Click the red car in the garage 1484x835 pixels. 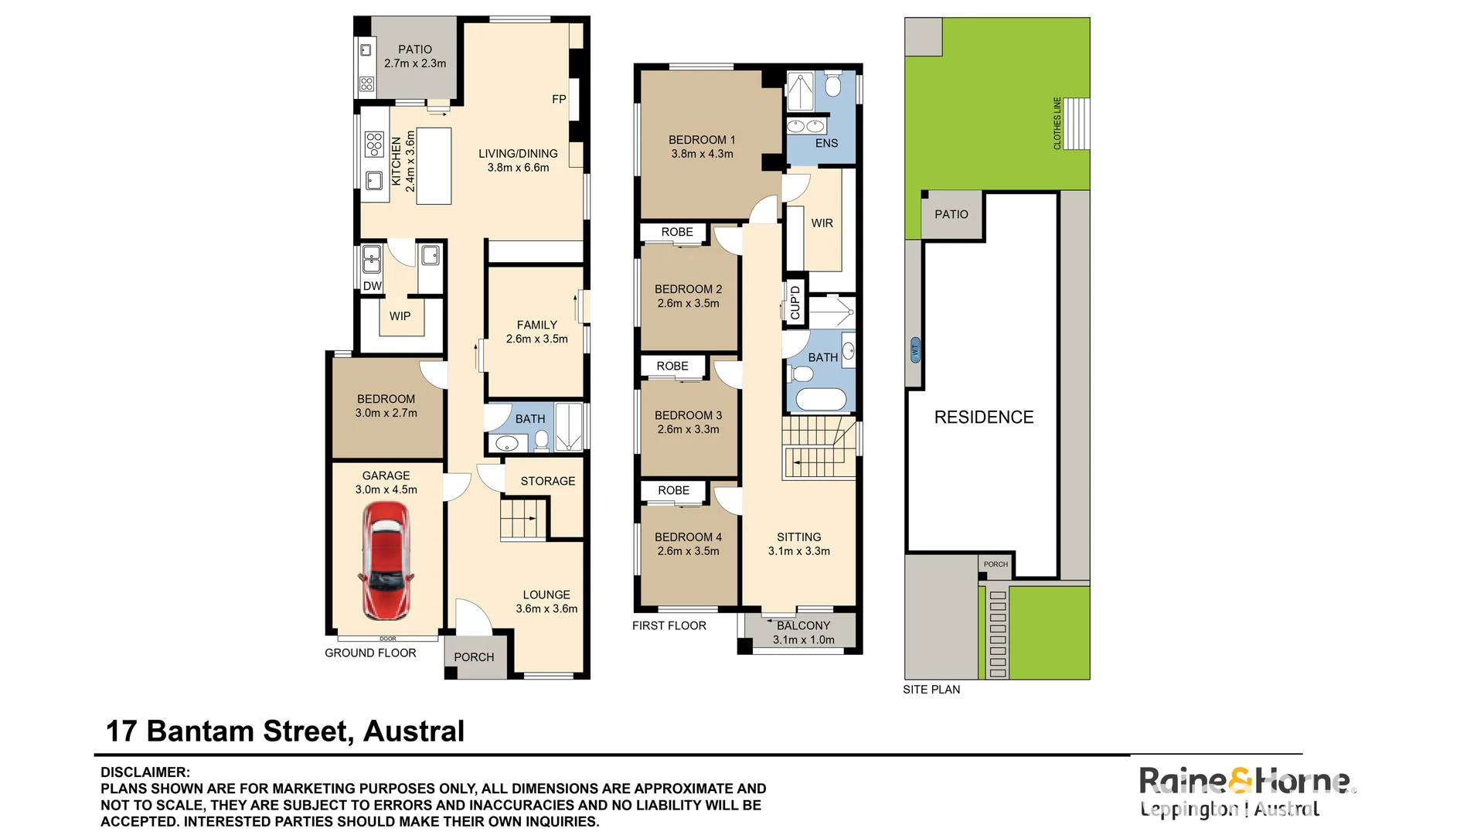click(386, 561)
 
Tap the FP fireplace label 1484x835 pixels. click(559, 99)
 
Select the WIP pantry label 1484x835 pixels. click(400, 316)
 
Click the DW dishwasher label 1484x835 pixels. click(373, 286)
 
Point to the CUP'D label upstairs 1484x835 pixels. click(795, 302)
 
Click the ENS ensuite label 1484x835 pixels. click(826, 143)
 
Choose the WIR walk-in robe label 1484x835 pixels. click(822, 223)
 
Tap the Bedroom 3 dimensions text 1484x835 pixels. click(688, 429)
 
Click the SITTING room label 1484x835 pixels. click(799, 537)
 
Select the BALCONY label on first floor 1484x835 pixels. click(803, 625)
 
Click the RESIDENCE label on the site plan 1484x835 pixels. click(984, 417)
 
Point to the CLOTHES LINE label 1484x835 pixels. click(1057, 123)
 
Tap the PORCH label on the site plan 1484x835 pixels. click(996, 564)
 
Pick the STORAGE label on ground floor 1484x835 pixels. click(547, 481)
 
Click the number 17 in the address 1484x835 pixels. click(121, 731)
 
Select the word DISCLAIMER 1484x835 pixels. click(145, 772)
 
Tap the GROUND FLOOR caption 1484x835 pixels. click(370, 653)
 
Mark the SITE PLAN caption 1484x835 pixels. click(931, 690)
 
